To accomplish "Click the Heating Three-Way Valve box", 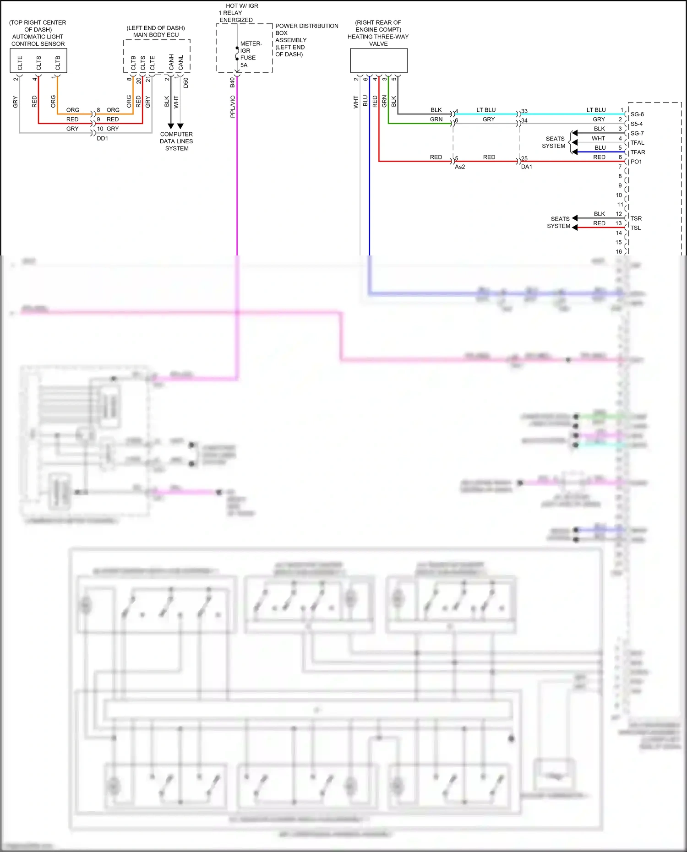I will (x=378, y=60).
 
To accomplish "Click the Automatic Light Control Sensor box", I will (x=38, y=60).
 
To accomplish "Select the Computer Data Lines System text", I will (x=176, y=141).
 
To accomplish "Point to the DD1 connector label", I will (x=102, y=138).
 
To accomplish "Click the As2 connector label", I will (x=460, y=167).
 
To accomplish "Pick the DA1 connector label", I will (x=526, y=167).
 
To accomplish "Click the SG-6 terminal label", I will (x=637, y=114).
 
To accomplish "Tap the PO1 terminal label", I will (x=636, y=162).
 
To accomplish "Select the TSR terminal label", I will (x=636, y=218).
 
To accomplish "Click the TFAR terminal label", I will (x=638, y=152).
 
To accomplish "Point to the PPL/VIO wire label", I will (x=233, y=106).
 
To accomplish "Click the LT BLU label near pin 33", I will (x=486, y=110).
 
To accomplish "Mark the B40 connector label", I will (x=233, y=82).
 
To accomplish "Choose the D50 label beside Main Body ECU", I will (x=186, y=83).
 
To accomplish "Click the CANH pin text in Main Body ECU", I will (x=171, y=62).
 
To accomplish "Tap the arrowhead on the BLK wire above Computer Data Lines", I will (x=171, y=126).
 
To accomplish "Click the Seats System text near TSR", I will (x=559, y=222).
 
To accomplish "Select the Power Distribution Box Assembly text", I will (x=306, y=40).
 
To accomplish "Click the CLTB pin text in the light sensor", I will (x=58, y=63).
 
